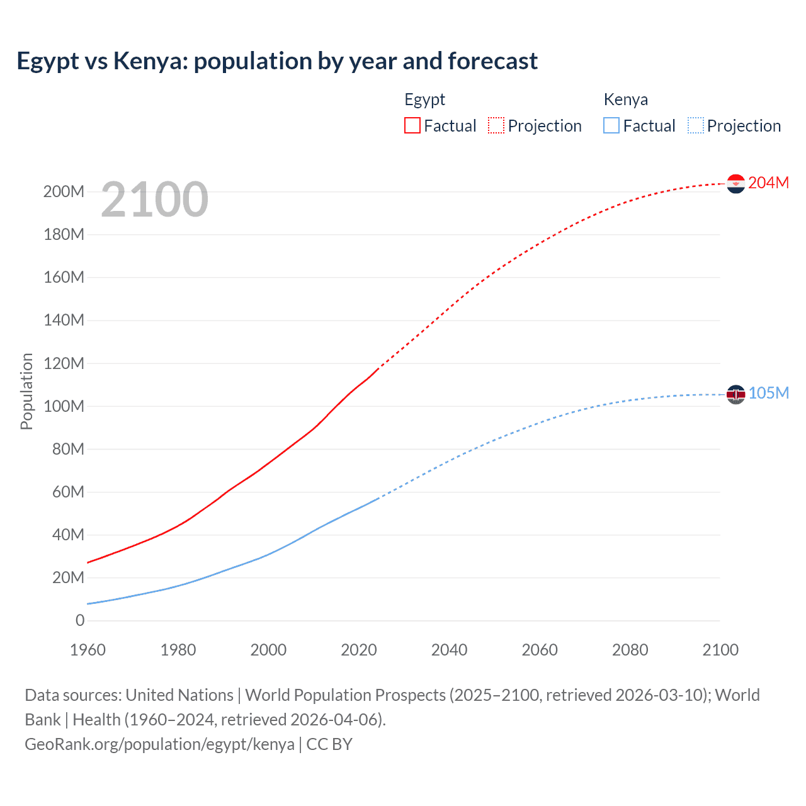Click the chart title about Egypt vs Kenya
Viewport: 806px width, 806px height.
(277, 61)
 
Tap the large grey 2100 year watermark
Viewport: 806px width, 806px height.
(154, 200)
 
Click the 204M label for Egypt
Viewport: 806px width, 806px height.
(768, 183)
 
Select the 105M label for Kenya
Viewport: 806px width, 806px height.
(768, 393)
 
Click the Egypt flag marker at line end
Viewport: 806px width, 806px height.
(735, 183)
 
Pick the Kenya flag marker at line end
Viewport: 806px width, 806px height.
(735, 394)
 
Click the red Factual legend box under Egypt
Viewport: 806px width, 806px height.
(412, 125)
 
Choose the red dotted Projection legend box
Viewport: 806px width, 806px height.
(496, 125)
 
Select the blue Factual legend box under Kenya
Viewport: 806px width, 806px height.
(611, 125)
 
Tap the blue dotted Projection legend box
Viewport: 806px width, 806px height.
(696, 125)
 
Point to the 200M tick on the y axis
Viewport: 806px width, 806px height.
(64, 191)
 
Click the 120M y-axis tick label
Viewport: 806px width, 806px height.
(64, 363)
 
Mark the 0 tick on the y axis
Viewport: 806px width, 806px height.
(80, 620)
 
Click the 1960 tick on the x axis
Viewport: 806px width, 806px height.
(88, 650)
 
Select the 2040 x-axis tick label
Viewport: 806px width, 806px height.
(449, 650)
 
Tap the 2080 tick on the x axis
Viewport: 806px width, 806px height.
(630, 650)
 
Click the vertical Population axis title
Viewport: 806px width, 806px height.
(26, 391)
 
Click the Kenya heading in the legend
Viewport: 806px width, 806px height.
(625, 99)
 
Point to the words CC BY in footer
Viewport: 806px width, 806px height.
(329, 744)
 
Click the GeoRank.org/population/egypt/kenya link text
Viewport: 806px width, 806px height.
(159, 744)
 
